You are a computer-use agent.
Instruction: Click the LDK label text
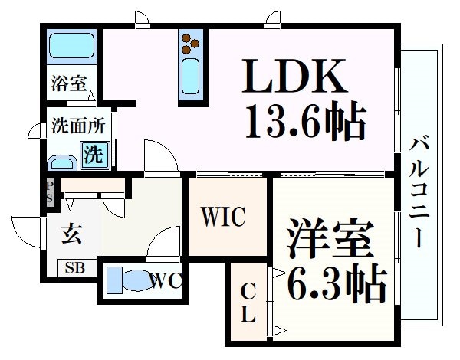[294, 77]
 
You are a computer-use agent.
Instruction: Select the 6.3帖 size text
[336, 283]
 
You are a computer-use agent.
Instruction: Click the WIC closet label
[223, 217]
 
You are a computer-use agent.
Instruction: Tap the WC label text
[166, 280]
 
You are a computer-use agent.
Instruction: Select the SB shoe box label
[75, 268]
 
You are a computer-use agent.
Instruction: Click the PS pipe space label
[50, 191]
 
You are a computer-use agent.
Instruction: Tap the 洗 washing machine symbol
[92, 155]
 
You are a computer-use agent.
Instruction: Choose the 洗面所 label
[73, 125]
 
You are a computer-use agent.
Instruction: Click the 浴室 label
[68, 83]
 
